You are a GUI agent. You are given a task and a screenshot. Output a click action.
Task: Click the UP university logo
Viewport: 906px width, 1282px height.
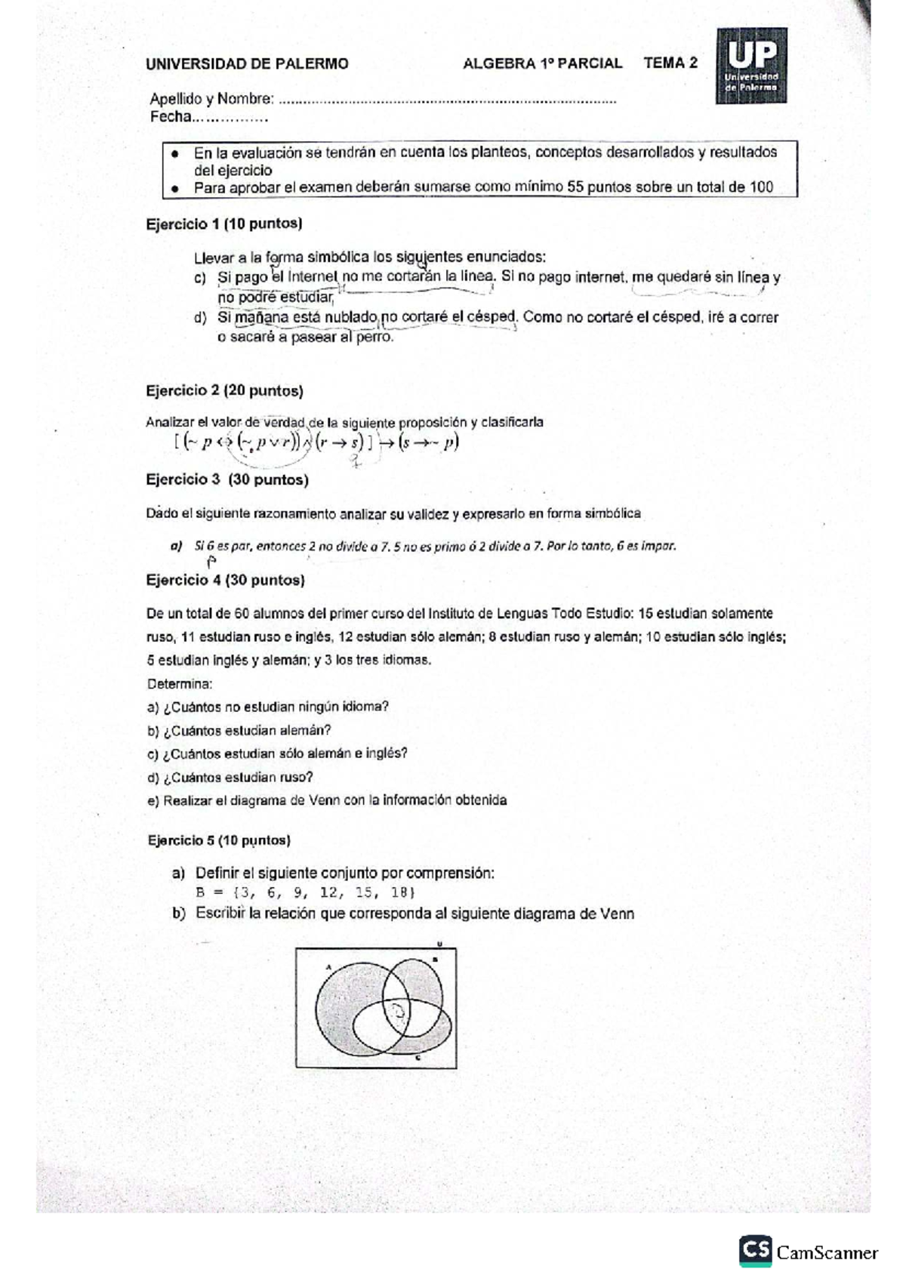click(x=751, y=66)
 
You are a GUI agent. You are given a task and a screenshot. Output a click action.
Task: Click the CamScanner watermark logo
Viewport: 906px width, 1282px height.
click(x=809, y=1250)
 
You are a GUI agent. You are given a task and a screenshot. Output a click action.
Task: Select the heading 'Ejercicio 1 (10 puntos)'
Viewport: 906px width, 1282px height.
click(x=223, y=223)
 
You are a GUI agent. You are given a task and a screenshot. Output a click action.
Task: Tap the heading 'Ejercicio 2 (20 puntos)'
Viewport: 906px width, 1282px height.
click(x=224, y=390)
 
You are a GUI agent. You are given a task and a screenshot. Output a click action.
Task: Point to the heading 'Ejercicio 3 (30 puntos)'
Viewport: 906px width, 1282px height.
click(x=226, y=479)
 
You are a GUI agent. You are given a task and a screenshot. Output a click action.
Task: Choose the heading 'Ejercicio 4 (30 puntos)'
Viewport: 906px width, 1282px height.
click(x=225, y=580)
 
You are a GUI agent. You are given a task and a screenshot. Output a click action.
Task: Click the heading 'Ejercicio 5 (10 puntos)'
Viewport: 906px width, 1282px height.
click(x=219, y=840)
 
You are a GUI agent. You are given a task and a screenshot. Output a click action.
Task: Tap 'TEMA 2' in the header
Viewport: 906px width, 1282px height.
click(x=670, y=63)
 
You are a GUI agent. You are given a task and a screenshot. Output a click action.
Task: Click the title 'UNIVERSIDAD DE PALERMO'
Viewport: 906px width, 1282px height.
click(x=247, y=64)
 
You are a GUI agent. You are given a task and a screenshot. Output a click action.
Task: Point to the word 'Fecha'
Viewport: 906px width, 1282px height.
click(x=170, y=117)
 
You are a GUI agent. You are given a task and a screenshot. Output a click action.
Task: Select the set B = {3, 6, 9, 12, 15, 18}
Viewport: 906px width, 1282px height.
click(x=306, y=892)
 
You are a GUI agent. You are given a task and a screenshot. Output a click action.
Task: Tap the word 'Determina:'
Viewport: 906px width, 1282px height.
click(x=180, y=684)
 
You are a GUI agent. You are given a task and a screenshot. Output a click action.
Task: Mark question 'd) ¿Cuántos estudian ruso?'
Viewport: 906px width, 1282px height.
click(x=230, y=777)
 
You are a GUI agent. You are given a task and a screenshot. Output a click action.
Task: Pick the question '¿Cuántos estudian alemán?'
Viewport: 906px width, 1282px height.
click(x=247, y=730)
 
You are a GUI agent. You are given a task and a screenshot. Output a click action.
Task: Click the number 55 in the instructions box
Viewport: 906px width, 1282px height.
click(x=575, y=187)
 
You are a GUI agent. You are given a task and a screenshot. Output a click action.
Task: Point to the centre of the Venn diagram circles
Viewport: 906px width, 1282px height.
click(x=398, y=1009)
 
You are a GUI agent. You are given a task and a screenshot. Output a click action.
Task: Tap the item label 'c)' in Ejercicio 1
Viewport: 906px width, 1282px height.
click(x=200, y=278)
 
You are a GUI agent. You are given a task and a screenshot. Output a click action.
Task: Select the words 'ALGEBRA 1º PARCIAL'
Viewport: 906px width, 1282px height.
click(x=542, y=63)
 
